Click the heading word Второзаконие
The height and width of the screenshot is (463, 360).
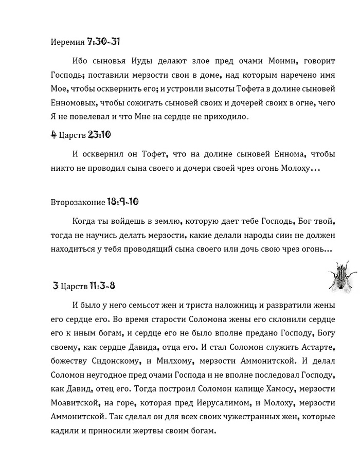78,202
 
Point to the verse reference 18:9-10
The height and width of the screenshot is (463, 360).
123,201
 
